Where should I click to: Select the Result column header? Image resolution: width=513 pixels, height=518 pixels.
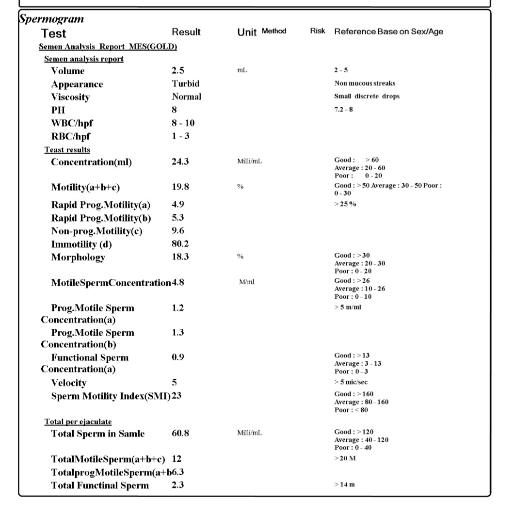tap(186, 32)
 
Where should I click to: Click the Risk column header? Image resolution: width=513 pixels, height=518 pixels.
tap(318, 32)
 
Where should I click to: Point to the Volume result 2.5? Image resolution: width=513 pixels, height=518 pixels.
tap(178, 71)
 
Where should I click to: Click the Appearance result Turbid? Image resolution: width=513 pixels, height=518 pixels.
tap(185, 84)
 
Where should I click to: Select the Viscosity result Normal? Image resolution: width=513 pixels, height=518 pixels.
tap(186, 97)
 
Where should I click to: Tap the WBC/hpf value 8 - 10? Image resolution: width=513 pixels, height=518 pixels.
tap(183, 123)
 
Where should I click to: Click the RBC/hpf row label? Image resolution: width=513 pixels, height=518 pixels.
tap(70, 136)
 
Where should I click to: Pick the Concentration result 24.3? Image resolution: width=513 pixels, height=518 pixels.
tap(180, 162)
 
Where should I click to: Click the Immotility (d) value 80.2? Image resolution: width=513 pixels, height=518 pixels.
tap(180, 244)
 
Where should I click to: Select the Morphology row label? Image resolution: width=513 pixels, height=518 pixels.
tap(78, 257)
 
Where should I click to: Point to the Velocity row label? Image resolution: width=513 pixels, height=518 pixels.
tap(69, 383)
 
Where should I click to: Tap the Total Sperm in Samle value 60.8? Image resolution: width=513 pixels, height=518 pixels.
tap(180, 433)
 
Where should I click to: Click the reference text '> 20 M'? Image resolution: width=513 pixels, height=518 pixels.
tap(345, 459)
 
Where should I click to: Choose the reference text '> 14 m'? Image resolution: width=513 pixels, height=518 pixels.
tap(345, 485)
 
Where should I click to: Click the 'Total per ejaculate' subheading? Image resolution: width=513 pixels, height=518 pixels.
tap(78, 421)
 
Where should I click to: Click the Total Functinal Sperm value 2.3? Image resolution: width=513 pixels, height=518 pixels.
tap(178, 485)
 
